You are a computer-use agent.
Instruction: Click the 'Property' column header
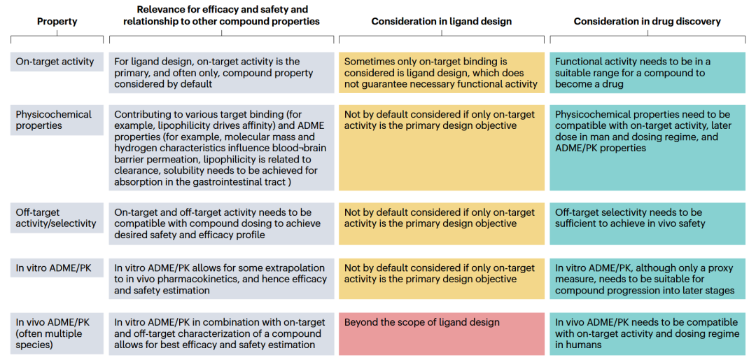click(x=57, y=22)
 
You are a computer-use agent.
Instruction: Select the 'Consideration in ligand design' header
click(x=442, y=22)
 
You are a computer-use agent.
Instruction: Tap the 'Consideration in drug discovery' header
click(x=647, y=22)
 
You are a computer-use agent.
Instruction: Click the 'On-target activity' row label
click(x=55, y=62)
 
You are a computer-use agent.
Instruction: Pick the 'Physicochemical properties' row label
click(x=53, y=120)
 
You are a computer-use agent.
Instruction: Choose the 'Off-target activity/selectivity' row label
click(x=50, y=218)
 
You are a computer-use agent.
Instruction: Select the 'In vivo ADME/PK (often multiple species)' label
click(x=50, y=333)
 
